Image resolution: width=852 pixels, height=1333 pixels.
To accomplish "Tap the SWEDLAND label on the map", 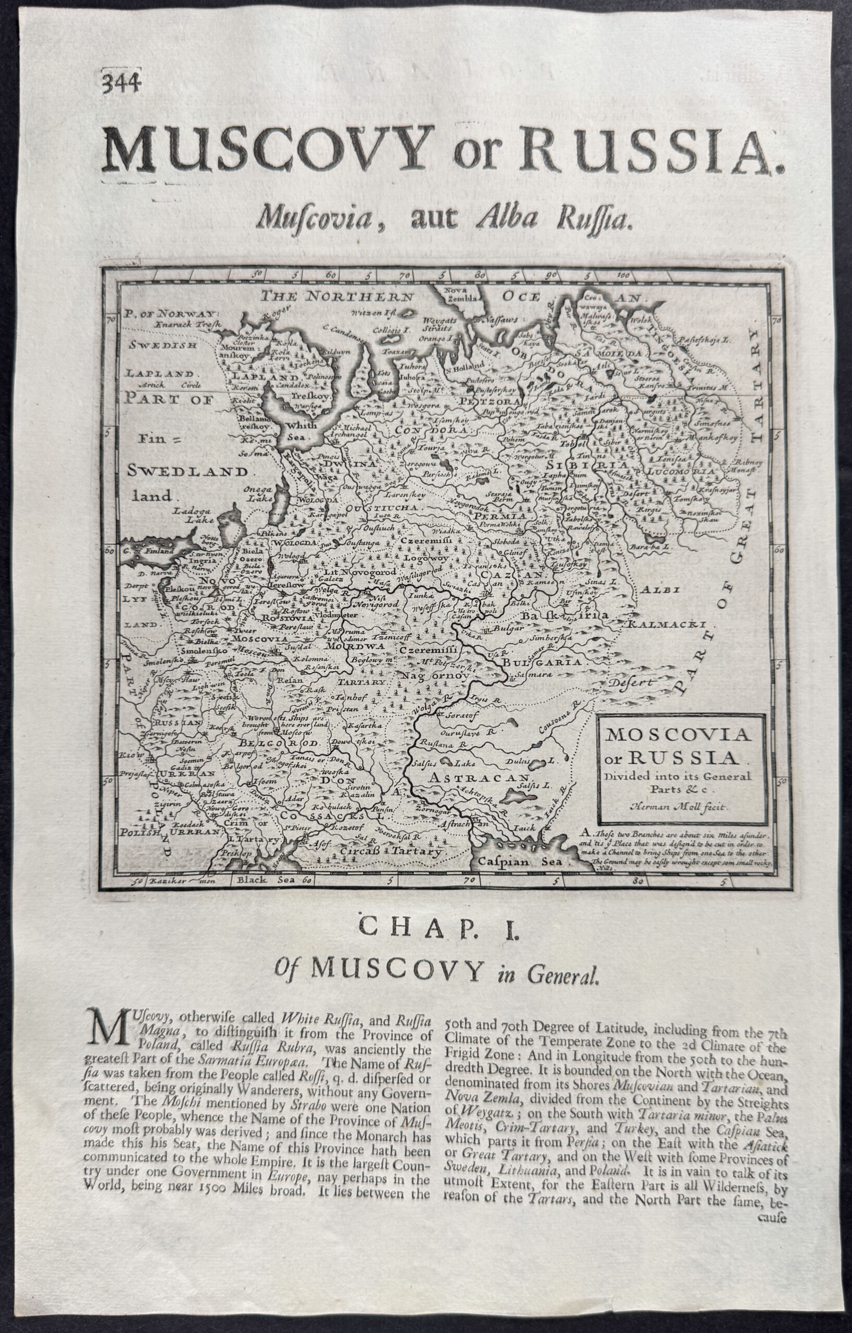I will [x=188, y=472].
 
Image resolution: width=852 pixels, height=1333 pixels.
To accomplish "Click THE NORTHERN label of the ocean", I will [x=337, y=296].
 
